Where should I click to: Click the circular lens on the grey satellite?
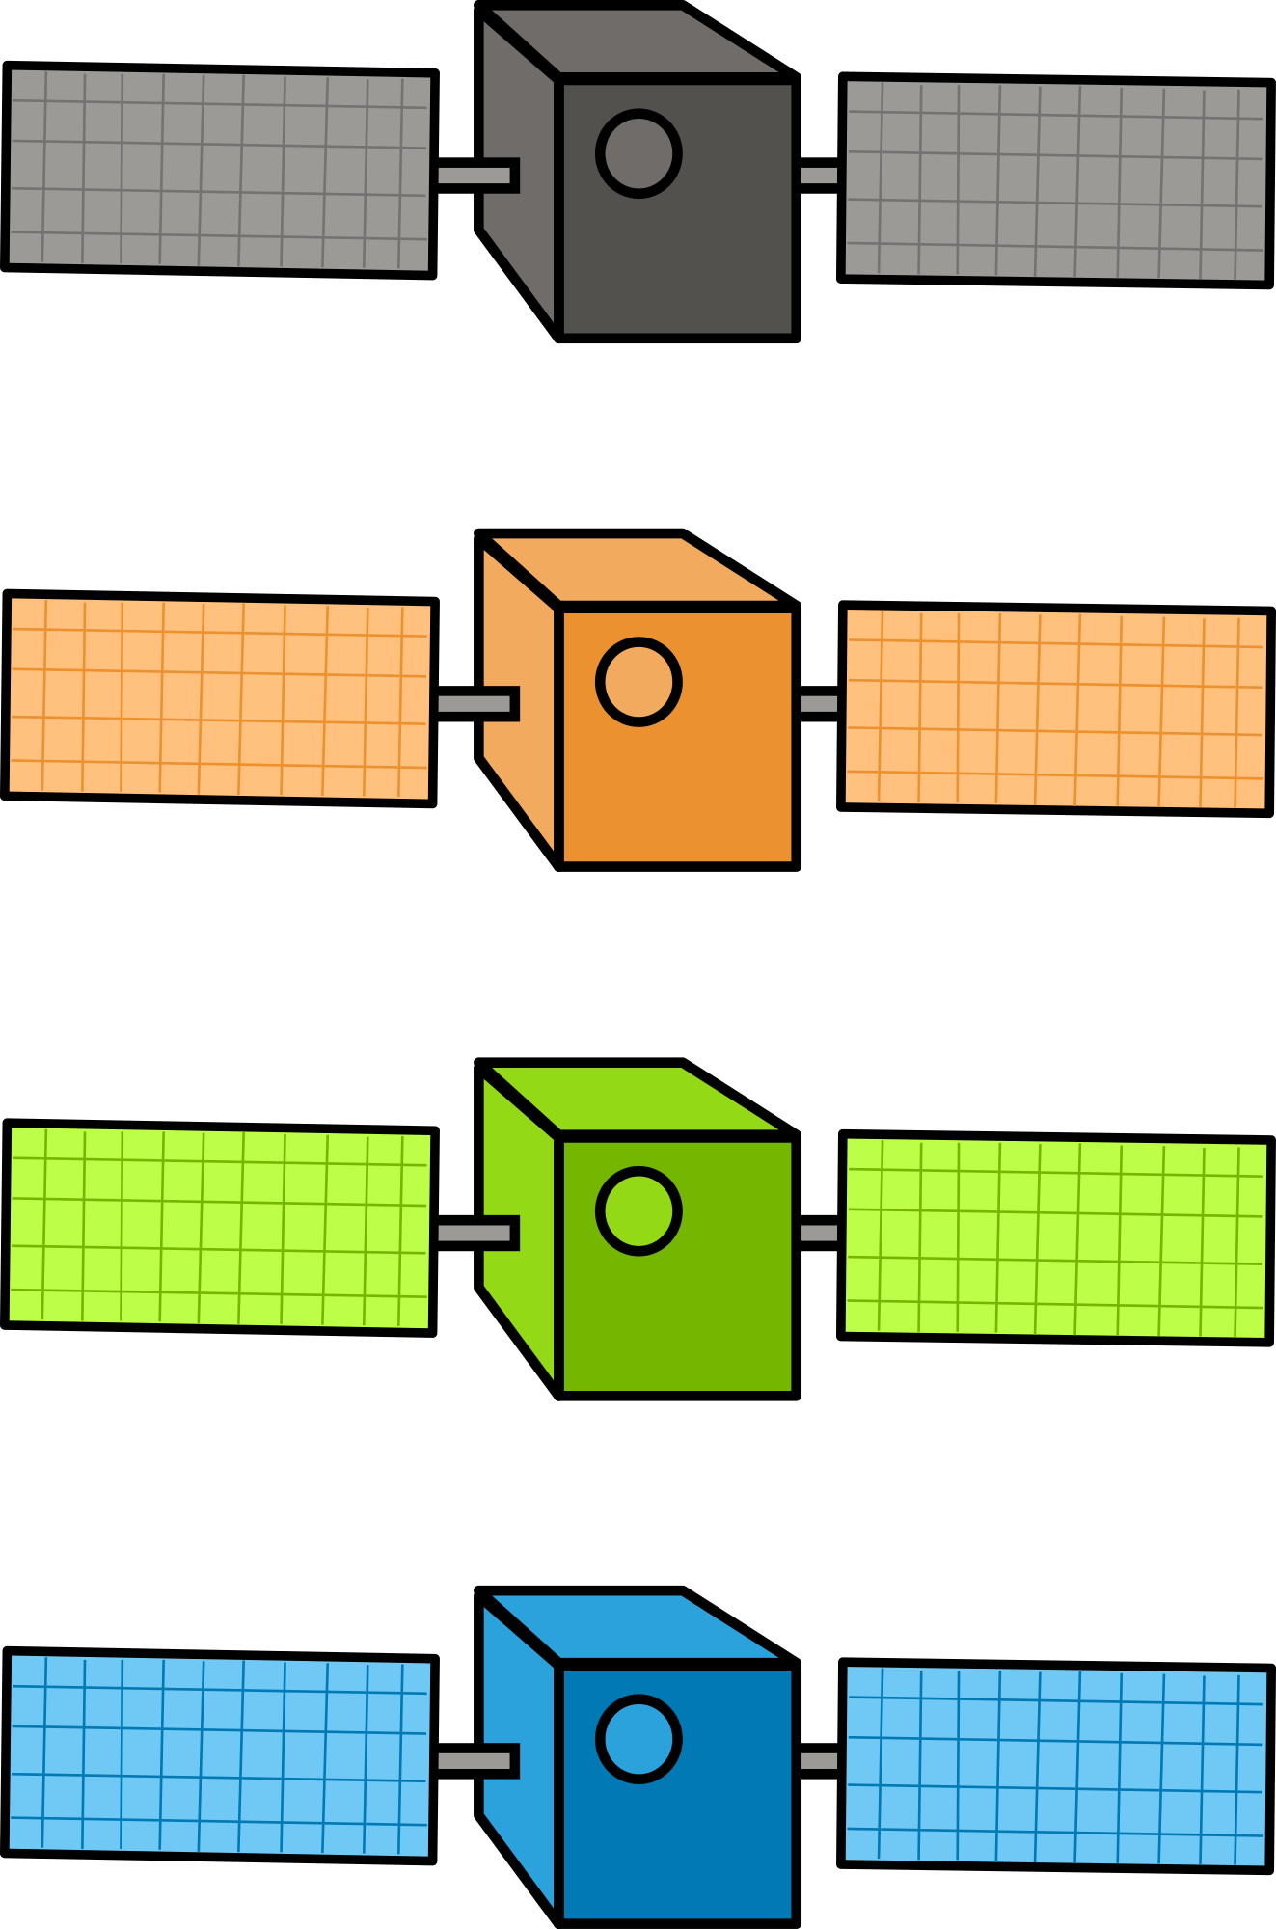638,153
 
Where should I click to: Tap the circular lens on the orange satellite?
638,682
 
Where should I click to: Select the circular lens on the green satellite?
638,1211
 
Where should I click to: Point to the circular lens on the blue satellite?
638,1739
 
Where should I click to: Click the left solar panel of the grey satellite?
219,170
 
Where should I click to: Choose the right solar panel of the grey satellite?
1055,180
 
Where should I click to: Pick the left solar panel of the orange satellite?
219,698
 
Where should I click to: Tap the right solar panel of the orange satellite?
1055,709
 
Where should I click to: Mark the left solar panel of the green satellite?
219,1228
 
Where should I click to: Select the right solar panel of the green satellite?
1055,1238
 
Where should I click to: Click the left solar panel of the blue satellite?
219,1755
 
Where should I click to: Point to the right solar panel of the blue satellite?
1055,1766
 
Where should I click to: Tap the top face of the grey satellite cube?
632,41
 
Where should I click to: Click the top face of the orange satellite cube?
632,569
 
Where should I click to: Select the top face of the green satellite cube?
632,1099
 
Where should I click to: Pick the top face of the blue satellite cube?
632,1626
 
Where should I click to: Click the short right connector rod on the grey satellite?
819,176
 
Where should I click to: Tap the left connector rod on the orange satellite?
474,704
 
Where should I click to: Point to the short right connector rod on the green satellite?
819,1233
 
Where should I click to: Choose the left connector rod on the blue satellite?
474,1761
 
